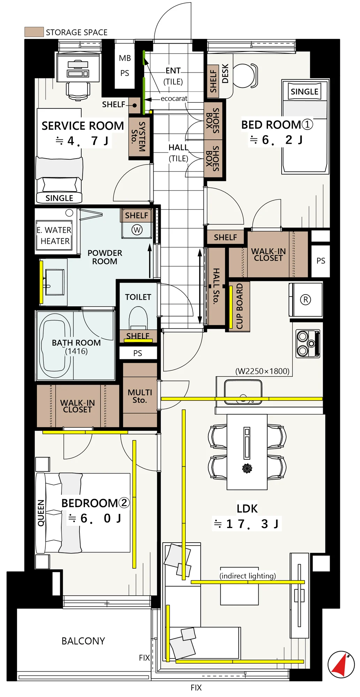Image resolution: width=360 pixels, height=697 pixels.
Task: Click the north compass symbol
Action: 341,664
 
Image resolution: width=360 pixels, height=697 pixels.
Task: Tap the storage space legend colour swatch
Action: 34,32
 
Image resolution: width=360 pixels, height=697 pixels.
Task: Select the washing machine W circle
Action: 137,230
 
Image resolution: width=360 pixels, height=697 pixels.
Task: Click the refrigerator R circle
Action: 306,300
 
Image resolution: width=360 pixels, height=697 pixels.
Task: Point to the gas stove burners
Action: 308,344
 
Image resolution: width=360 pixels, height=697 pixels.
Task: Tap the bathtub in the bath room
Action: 55,346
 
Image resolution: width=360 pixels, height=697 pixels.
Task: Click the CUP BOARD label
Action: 239,306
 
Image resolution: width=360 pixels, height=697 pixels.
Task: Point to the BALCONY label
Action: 83,641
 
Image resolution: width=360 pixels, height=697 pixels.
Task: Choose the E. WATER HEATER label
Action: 54,236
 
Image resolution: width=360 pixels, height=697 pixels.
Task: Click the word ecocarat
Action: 174,99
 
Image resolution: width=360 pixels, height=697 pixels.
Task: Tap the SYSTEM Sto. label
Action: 138,136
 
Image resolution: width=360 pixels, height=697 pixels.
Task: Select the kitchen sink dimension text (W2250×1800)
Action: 262,371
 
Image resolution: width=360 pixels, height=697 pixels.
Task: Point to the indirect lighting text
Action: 248,576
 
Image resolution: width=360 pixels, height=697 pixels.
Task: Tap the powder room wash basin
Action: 54,282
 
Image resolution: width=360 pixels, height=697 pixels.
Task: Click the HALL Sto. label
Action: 216,286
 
